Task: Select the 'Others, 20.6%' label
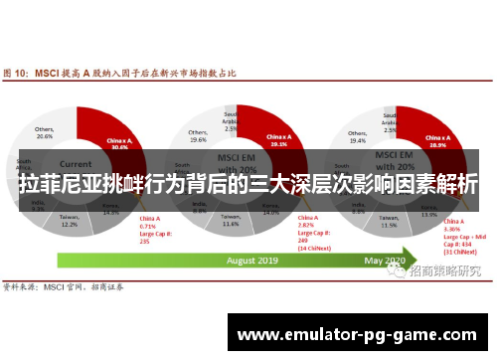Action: pos(45,132)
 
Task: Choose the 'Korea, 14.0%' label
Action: pos(269,210)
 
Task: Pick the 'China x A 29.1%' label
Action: pos(278,141)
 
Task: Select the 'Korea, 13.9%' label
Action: pos(428,211)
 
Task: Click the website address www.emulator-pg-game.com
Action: pos(357,334)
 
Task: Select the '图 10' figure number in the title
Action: pos(15,74)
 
